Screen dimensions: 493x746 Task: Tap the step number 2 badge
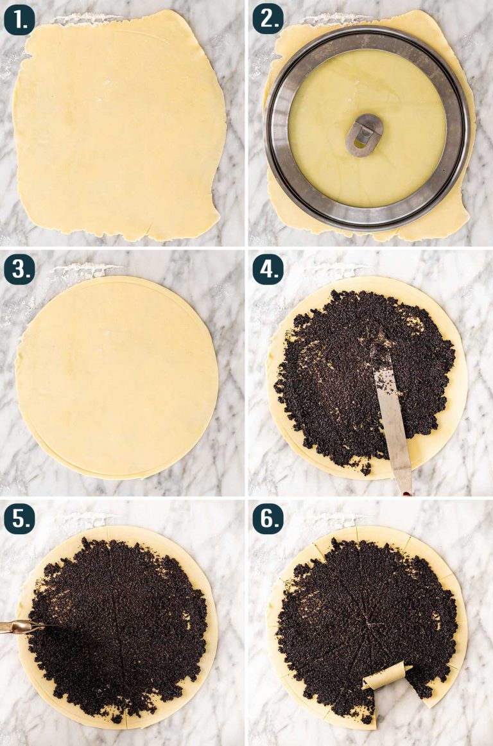click(x=268, y=21)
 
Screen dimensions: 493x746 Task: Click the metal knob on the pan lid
click(x=365, y=135)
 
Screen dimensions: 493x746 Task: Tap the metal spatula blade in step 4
click(x=392, y=409)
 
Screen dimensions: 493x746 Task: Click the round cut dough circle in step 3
click(x=117, y=377)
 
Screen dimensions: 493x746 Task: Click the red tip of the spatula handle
click(x=407, y=494)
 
